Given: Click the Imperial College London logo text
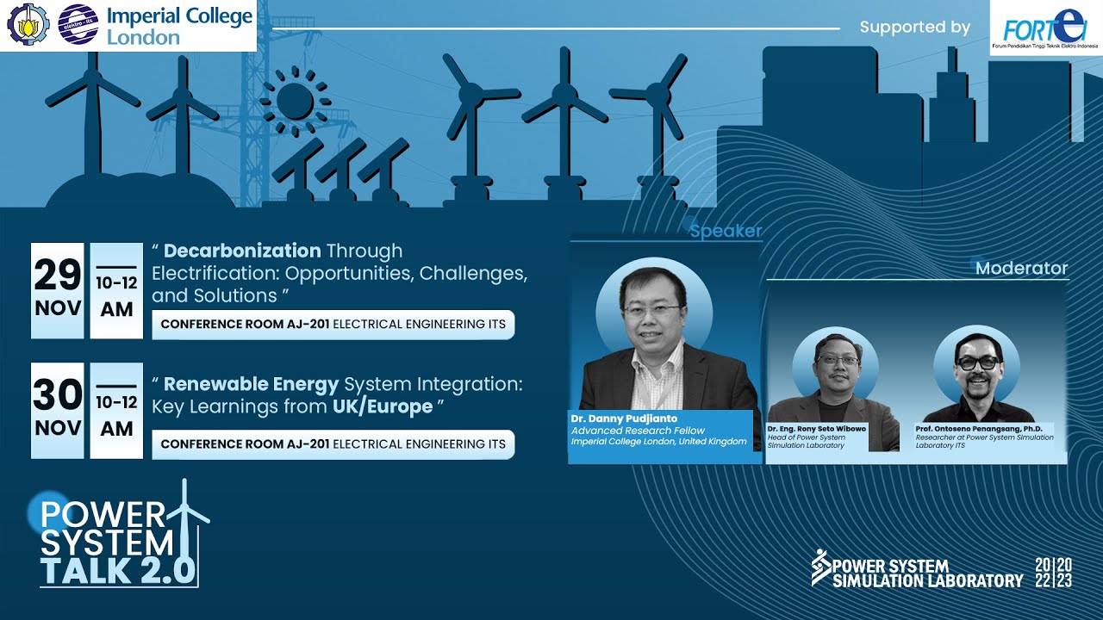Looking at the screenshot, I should point(179,26).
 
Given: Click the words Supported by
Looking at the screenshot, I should point(914,28).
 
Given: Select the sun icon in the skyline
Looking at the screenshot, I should point(296,102).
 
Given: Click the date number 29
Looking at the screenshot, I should point(58,276).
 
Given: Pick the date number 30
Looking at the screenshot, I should point(58,395).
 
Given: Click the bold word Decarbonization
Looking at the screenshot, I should point(242,251).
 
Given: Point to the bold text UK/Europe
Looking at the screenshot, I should point(383,406).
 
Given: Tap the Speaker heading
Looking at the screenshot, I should point(726,231).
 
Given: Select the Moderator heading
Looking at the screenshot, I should point(1021,269).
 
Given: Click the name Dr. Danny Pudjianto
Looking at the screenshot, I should point(624,419).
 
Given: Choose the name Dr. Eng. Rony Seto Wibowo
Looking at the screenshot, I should point(816,428).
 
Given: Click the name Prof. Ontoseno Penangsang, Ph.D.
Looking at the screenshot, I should point(981,428).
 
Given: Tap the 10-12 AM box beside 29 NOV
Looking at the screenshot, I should point(116,290).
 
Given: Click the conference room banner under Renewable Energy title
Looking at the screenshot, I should point(333,444).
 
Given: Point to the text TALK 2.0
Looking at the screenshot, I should point(117,571).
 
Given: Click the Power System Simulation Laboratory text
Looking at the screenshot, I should point(927,573).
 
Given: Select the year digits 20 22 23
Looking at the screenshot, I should point(1054,573).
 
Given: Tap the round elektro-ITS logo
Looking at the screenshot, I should point(78,25).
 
